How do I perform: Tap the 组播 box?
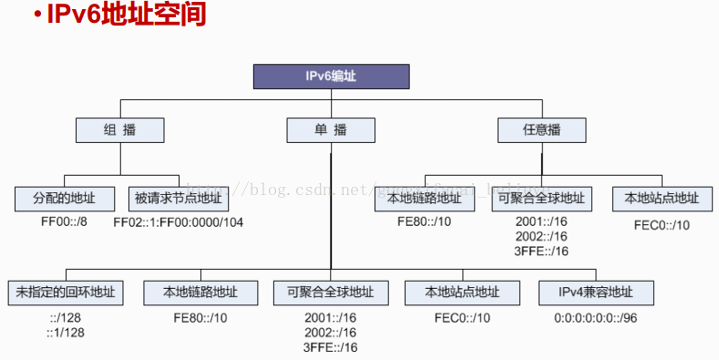pyautogui.click(x=119, y=130)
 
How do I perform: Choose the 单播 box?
pyautogui.click(x=330, y=130)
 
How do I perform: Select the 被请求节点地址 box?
pyautogui.click(x=178, y=198)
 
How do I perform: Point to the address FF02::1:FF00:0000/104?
pyautogui.click(x=179, y=221)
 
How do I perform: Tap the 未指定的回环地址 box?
pyautogui.click(x=66, y=293)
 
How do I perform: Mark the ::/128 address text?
pyautogui.click(x=67, y=318)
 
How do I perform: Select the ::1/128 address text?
pyautogui.click(x=66, y=333)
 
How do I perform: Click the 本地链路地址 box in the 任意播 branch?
pyautogui.click(x=424, y=198)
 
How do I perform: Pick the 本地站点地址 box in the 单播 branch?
pyautogui.click(x=464, y=293)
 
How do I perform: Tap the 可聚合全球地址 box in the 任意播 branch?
pyautogui.click(x=541, y=198)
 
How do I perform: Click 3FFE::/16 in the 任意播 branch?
pyautogui.click(x=541, y=251)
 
